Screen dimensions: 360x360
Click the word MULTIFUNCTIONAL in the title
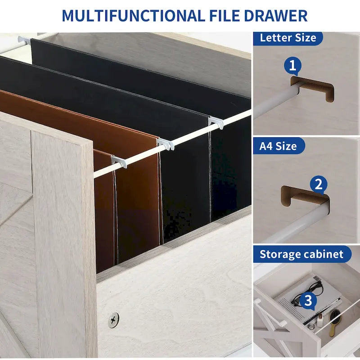coord(133,16)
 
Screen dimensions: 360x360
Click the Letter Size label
coord(288,38)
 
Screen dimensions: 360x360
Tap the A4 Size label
coord(278,146)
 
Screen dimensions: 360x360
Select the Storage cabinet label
coord(301,254)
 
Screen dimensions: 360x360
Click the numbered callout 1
coord(292,66)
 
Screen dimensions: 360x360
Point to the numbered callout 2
coord(319,184)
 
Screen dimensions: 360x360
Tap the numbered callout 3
coord(308,300)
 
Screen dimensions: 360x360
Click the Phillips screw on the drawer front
coord(113,320)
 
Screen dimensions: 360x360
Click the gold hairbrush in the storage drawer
coord(334,320)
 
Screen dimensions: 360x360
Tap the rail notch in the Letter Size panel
coord(312,88)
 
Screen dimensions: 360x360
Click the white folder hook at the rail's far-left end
coord(24,40)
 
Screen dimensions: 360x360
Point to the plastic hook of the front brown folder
coord(119,161)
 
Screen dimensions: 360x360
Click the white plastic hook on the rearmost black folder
coord(216,122)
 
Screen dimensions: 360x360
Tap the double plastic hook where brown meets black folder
coord(166,144)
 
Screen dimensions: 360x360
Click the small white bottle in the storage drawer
coord(320,320)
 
